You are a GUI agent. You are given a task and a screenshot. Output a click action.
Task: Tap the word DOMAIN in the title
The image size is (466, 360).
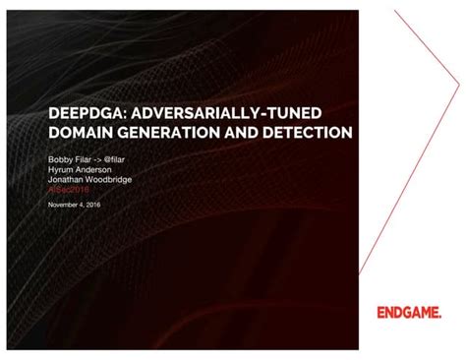coord(81,131)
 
